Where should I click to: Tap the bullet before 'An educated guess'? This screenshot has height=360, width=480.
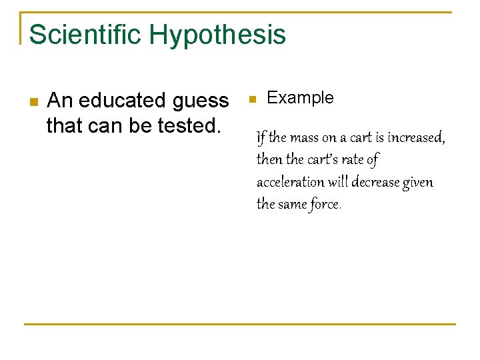pos(34,102)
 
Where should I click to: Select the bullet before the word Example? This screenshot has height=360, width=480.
pos(252,99)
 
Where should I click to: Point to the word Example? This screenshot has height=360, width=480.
pos(300,98)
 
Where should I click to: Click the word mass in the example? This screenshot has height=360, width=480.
pos(303,138)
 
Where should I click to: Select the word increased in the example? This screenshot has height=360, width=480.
pos(415,138)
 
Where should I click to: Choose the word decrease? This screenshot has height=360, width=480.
pos(379,182)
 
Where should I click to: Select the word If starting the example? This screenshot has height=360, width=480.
pos(261,138)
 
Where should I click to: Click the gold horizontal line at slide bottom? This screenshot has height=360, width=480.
pos(240,324)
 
